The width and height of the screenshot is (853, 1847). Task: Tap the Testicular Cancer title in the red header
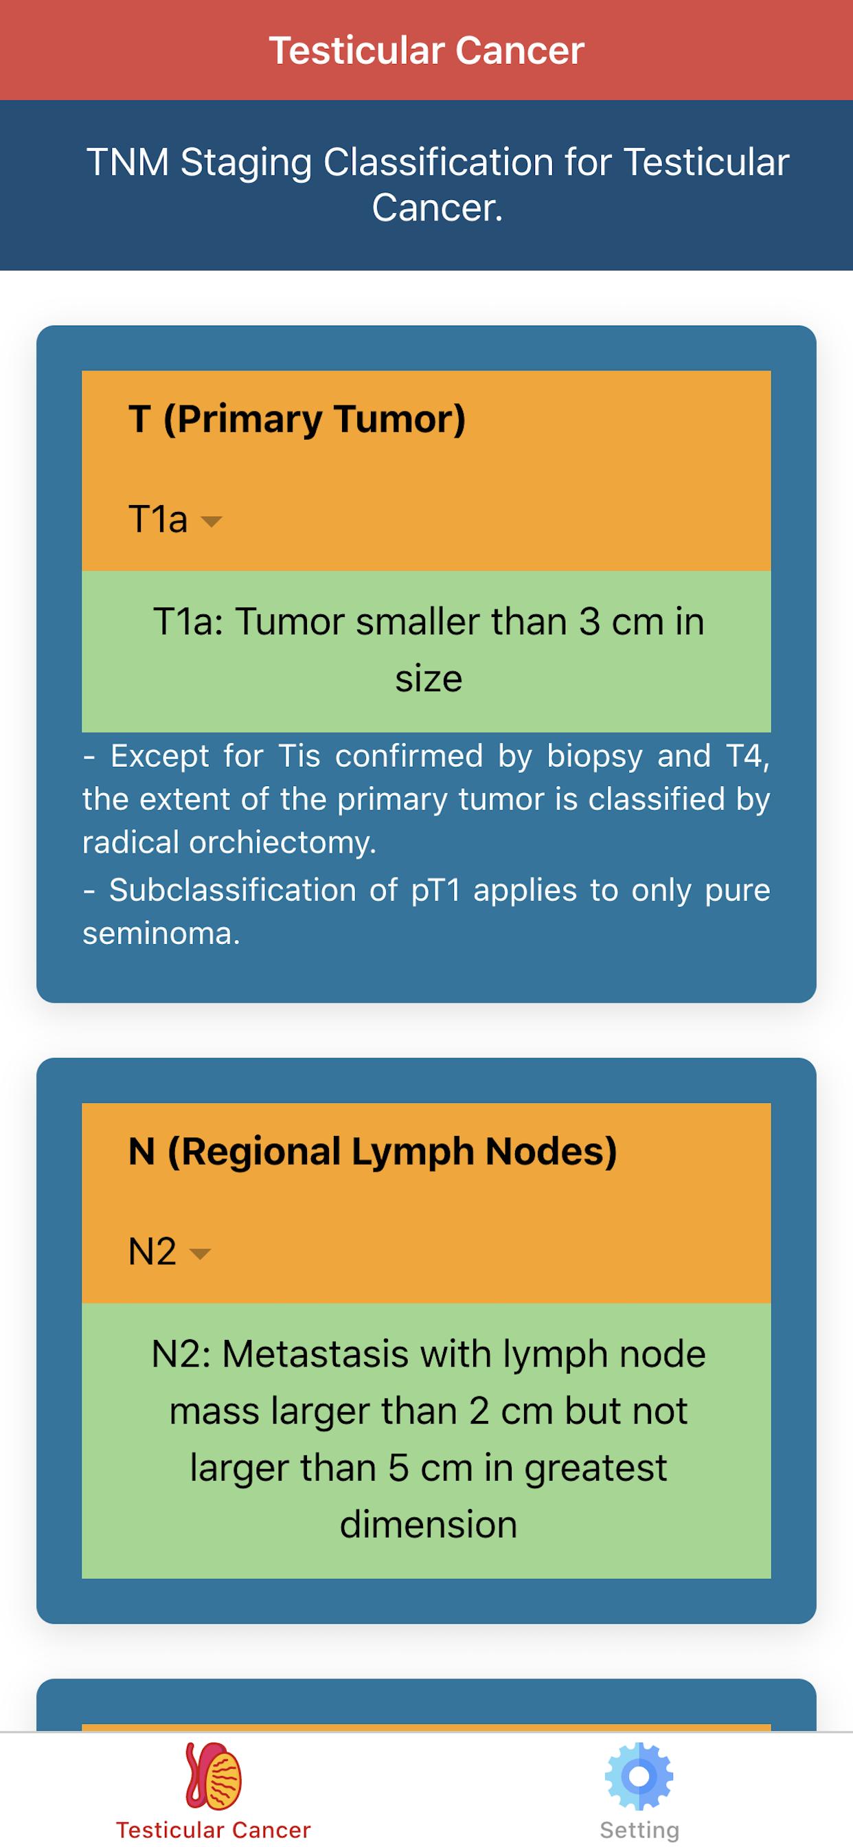(x=427, y=51)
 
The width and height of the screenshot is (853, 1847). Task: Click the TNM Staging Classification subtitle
(x=437, y=184)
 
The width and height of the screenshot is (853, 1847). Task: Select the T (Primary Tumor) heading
(x=297, y=419)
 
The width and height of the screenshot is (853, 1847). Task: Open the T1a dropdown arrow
(x=212, y=522)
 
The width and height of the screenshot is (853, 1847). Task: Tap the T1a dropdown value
(x=158, y=519)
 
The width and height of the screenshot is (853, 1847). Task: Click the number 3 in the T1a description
(x=589, y=622)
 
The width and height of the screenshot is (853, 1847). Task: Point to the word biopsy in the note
(x=594, y=757)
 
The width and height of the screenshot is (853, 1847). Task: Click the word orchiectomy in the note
(x=282, y=843)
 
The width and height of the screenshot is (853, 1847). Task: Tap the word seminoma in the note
(x=161, y=934)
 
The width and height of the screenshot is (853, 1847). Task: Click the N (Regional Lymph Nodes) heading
(x=372, y=1152)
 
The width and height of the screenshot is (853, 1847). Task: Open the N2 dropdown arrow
(x=199, y=1254)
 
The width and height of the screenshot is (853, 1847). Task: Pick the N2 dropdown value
(x=152, y=1252)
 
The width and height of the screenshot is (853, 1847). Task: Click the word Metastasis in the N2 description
(x=315, y=1355)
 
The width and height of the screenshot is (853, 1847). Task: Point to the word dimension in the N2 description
(x=428, y=1525)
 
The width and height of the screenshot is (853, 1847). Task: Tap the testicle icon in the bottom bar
(x=214, y=1777)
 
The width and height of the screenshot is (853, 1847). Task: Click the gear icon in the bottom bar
(x=639, y=1776)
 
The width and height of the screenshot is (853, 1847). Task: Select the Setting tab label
(x=639, y=1831)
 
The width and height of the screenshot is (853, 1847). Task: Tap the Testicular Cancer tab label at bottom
(x=214, y=1830)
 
